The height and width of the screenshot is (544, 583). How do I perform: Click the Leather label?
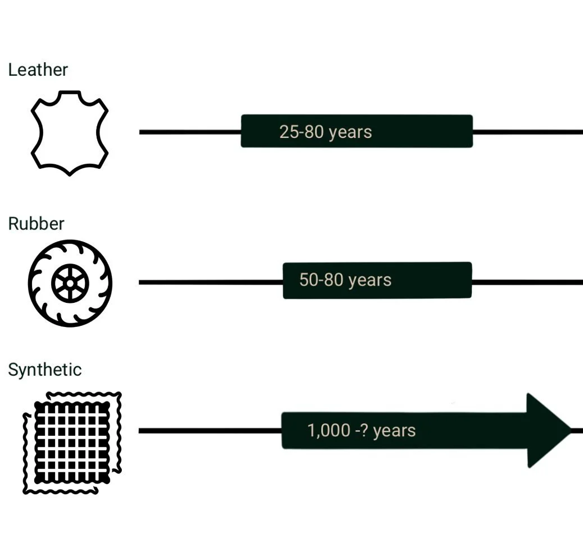pyautogui.click(x=38, y=70)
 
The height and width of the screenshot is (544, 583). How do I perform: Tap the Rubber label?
pyautogui.click(x=36, y=224)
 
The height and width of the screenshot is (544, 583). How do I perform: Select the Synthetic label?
pyautogui.click(x=44, y=370)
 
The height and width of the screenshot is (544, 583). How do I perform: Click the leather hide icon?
pyautogui.click(x=69, y=133)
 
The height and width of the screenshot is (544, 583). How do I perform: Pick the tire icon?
pyautogui.click(x=70, y=283)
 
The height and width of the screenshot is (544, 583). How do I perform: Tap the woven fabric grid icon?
pyautogui.click(x=72, y=442)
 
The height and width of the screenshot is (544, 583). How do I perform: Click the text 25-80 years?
pyautogui.click(x=325, y=132)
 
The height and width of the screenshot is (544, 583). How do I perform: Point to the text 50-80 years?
pyautogui.click(x=345, y=280)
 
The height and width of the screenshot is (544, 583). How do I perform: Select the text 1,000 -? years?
pyautogui.click(x=361, y=431)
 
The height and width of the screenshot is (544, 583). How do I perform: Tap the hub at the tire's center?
pyautogui.click(x=70, y=284)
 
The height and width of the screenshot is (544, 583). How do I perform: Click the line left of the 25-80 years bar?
pyautogui.click(x=190, y=132)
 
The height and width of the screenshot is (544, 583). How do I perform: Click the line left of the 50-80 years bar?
pyautogui.click(x=211, y=282)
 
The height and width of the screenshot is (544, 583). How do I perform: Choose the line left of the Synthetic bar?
pyautogui.click(x=209, y=431)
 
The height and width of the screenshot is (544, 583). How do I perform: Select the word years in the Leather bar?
pyautogui.click(x=350, y=132)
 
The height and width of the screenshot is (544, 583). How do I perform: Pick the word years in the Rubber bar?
pyautogui.click(x=370, y=280)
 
